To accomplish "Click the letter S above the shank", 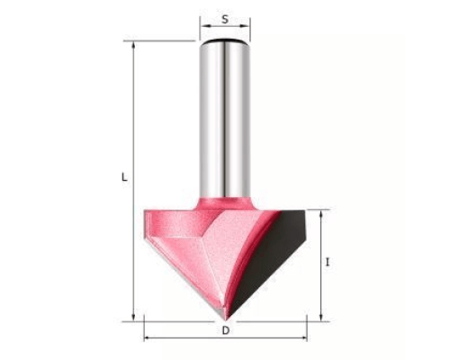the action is click(x=225, y=19).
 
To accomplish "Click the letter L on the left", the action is click(x=124, y=177).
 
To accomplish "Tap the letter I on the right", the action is click(x=328, y=263).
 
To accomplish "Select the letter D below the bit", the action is click(x=226, y=330).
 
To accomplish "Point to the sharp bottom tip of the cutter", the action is click(x=227, y=320).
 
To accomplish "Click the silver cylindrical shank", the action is click(x=225, y=120).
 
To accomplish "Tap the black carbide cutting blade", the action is click(x=270, y=258).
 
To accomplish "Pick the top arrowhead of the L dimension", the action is click(x=133, y=44).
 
